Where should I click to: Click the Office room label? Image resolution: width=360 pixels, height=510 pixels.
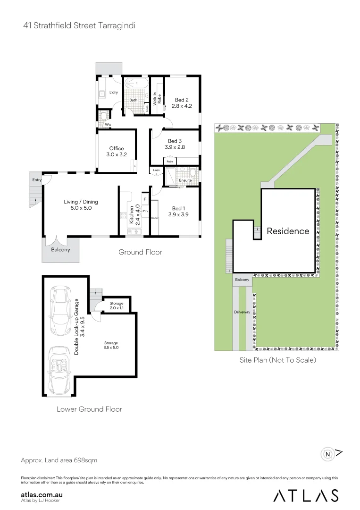(x=117, y=148)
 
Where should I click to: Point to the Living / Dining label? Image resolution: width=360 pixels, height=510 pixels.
(x=81, y=202)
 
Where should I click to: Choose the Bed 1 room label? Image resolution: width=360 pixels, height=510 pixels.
(x=178, y=208)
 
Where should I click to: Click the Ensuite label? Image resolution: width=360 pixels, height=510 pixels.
(x=185, y=180)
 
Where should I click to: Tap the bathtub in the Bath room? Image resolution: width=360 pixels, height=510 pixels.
(x=136, y=84)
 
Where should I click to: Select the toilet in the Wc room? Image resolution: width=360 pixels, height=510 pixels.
(x=103, y=115)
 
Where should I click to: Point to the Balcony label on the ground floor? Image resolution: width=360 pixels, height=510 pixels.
(x=60, y=250)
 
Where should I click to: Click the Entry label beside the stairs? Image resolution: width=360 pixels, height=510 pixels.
(x=37, y=180)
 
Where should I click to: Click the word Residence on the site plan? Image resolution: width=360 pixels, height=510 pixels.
(x=288, y=231)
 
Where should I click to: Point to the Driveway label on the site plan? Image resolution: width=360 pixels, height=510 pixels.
(x=241, y=313)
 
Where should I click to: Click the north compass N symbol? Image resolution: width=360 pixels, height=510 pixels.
(x=327, y=454)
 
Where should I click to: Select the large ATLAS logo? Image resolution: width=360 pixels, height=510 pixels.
(x=306, y=495)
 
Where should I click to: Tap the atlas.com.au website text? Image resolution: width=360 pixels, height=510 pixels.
(x=42, y=494)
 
